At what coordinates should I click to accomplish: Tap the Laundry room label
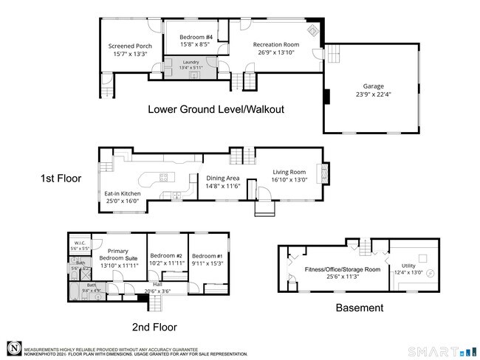coord(191,62)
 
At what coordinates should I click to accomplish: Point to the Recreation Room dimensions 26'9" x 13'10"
coord(275,52)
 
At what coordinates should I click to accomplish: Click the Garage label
coord(373,86)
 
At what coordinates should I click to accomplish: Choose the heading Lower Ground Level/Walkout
coord(216,109)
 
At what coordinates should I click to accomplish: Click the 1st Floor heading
coord(61,179)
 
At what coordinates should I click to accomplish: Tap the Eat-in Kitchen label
coord(122,193)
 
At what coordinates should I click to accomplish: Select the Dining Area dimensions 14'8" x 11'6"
coord(222,186)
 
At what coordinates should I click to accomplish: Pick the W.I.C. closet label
coord(79,243)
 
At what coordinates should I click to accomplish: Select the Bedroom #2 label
coord(168,255)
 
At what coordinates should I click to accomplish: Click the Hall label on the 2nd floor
coord(157,285)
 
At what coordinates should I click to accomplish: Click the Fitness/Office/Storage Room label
coord(342,269)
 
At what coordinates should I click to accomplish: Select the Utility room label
coord(408,266)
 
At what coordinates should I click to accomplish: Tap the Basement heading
coord(360,308)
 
